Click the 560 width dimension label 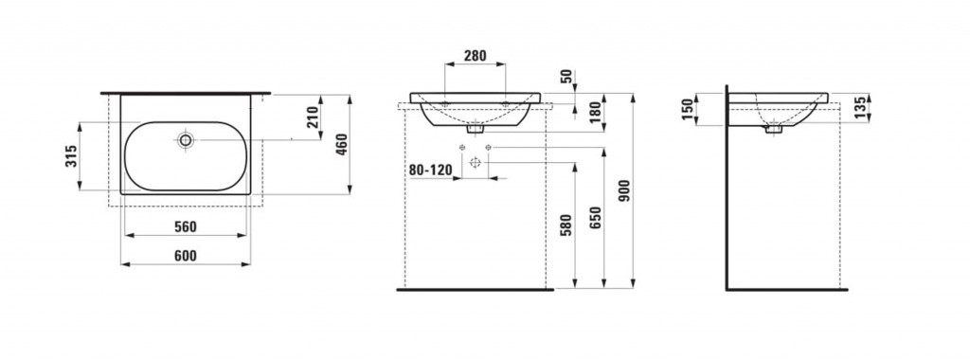185,227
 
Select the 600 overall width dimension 185,256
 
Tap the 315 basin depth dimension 72,156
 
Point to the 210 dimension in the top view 313,117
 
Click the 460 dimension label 342,145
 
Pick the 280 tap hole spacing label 476,56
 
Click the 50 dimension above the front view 566,78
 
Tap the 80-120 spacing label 431,170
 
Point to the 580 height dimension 566,225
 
